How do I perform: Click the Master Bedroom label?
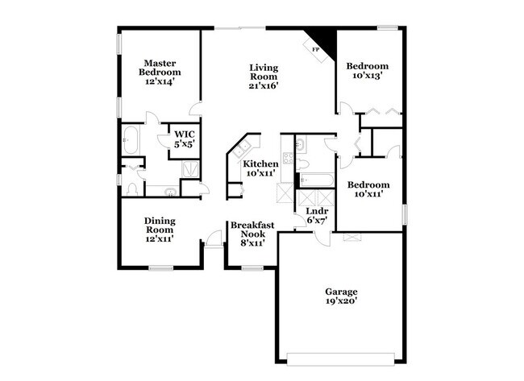[160, 72]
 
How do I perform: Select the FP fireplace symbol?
[316, 48]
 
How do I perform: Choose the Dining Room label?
[160, 228]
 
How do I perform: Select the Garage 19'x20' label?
[342, 296]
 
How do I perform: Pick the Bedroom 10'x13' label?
[367, 71]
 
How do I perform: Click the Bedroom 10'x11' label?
[368, 189]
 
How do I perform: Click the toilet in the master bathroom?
[132, 188]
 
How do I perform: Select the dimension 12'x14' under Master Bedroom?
[160, 82]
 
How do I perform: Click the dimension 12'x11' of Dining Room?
[160, 238]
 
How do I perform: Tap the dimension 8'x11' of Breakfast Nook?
[253, 242]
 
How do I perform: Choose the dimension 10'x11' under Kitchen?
[261, 173]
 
